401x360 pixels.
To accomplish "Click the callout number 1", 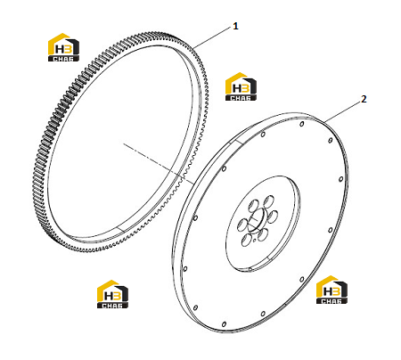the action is point(235,26).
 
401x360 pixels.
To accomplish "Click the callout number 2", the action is point(364,99).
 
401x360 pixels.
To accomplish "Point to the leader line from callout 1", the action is point(211,37).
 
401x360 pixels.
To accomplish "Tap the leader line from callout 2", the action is point(342,111).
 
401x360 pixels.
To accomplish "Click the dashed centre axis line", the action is point(159,163).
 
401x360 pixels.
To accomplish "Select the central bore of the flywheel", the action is point(257,220).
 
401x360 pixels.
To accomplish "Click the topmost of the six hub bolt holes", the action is point(269,200).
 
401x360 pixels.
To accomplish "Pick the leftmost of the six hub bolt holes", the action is point(242,225).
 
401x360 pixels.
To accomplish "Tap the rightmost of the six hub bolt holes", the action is point(273,216).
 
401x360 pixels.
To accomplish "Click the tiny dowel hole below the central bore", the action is point(255,240).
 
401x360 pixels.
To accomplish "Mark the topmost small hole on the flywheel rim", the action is point(302,124).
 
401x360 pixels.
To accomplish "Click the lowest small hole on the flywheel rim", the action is point(224,324).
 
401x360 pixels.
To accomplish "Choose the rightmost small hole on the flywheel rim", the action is point(340,179).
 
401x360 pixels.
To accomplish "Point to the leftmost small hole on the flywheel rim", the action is point(185,269).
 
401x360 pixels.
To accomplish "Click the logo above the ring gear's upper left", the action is point(63,47).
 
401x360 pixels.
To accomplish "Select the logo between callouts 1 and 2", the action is point(241,86).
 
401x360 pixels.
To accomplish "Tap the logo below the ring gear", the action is point(112,294).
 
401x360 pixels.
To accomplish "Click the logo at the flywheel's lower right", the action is point(331,290).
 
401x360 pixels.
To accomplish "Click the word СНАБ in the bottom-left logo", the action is point(112,306).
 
